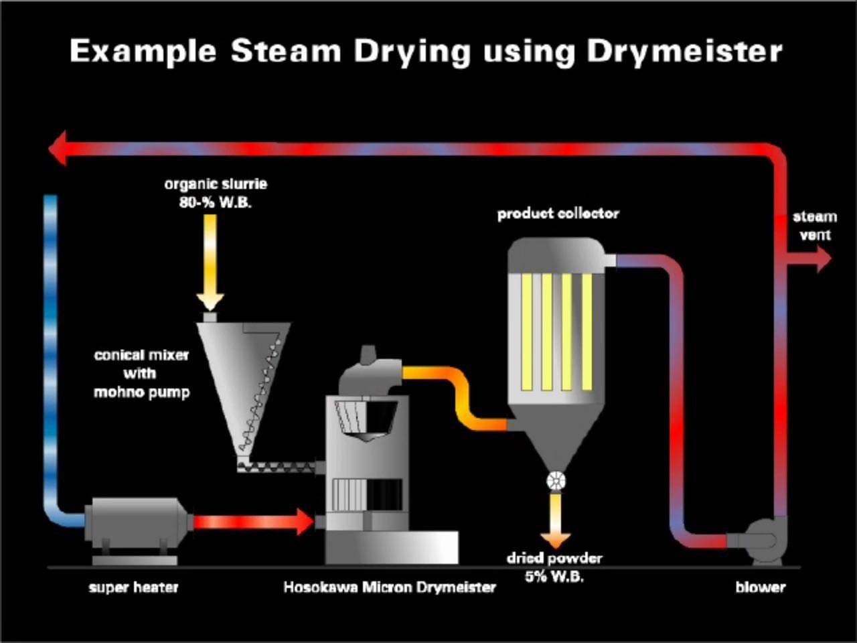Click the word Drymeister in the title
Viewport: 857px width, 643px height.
(x=685, y=52)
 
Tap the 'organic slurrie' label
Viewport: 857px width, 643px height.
(x=216, y=184)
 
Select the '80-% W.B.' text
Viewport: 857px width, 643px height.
(x=215, y=202)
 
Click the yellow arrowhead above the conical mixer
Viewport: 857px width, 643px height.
(x=210, y=302)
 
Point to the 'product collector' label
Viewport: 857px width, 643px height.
(x=558, y=214)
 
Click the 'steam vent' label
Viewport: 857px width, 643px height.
(x=815, y=226)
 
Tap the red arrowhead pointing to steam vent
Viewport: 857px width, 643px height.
(x=825, y=259)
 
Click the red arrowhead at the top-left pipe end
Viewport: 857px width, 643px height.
(x=58, y=148)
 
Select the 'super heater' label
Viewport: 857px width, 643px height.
(x=133, y=587)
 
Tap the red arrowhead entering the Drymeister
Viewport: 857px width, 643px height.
(x=305, y=522)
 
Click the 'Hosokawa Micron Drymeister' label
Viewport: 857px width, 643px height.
(x=390, y=587)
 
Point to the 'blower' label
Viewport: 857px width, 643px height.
(x=761, y=587)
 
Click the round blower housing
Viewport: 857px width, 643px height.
(x=765, y=541)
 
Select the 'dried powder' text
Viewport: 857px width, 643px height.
(x=554, y=559)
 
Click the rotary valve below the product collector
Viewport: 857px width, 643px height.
(x=556, y=481)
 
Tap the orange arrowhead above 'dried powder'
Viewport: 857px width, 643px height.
(x=556, y=541)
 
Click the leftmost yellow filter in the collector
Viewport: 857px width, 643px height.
(x=527, y=332)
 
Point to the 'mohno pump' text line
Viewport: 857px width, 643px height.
(x=142, y=392)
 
